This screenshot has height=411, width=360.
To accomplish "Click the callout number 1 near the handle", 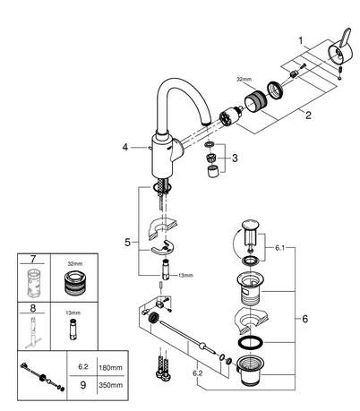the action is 301,40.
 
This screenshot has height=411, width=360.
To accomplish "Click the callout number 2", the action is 308,115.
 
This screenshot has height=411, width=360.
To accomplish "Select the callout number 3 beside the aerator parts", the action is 235,158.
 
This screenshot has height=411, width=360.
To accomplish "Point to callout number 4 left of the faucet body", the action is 125,147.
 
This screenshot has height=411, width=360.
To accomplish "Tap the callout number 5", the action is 127,243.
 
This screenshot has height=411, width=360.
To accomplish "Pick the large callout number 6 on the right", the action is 304,319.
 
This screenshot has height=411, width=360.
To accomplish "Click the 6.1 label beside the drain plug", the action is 279,248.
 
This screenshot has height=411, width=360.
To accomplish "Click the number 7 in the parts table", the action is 33,259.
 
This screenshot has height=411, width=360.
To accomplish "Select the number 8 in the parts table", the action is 33,308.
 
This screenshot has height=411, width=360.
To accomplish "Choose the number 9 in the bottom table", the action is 83,385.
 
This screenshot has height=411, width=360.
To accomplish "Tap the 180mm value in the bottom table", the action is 110,367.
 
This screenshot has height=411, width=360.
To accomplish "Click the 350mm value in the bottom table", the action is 110,385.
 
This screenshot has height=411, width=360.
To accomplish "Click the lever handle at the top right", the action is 340,50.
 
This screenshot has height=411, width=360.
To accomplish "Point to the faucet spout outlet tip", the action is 207,123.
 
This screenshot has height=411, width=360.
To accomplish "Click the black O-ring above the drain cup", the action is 251,342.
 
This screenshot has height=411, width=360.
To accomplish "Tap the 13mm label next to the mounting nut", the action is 185,276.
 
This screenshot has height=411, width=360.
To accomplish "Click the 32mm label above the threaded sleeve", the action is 244,80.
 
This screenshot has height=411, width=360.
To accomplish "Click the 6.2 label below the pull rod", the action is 197,373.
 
